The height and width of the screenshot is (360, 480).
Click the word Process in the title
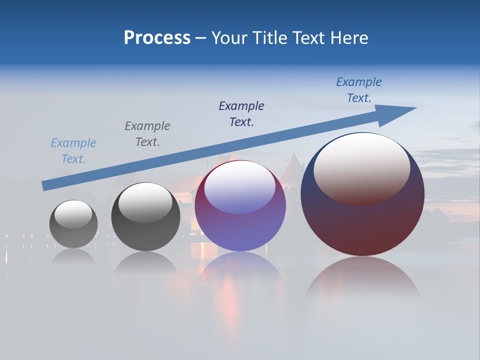click(157, 38)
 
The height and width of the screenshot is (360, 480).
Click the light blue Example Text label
click(73, 151)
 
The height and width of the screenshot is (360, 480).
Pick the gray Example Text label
click(147, 134)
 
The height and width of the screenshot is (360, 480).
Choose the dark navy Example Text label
click(241, 114)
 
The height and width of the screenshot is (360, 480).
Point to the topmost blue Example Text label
click(359, 90)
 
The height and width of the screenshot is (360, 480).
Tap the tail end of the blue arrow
click(46, 185)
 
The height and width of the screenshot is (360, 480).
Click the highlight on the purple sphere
click(240, 187)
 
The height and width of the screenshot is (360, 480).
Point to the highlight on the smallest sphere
click(73, 214)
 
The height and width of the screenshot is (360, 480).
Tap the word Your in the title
click(228, 38)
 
